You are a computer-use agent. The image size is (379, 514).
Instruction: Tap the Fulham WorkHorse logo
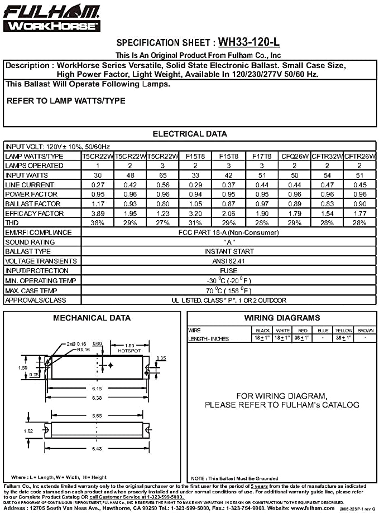coord(52,18)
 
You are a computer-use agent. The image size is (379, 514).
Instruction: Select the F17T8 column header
coord(261,156)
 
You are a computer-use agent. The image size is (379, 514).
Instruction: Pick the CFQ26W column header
coord(295,156)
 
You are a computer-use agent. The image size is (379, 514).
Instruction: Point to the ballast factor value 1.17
coord(98,203)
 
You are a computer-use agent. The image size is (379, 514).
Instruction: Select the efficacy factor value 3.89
coord(98,213)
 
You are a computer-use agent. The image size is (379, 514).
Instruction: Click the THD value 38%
coord(98,222)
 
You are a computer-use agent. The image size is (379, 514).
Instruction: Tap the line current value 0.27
coord(98,185)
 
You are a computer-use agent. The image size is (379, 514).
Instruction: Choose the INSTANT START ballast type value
coord(229,251)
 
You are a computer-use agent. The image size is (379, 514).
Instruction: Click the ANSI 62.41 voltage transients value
coord(229,261)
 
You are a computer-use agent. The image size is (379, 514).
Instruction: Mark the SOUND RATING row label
coord(30,242)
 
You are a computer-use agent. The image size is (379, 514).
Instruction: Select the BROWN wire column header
coord(366,331)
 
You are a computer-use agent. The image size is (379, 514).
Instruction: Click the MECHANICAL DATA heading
coord(92,318)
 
